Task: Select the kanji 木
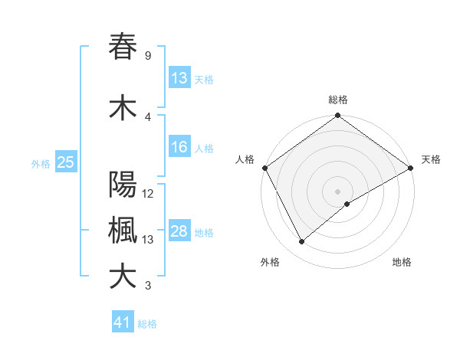pyautogui.click(x=123, y=109)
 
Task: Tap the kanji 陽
pyautogui.click(x=123, y=185)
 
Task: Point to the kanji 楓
pyautogui.click(x=123, y=231)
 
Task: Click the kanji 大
pyautogui.click(x=123, y=276)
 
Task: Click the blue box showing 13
pyautogui.click(x=179, y=78)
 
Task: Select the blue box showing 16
pyautogui.click(x=179, y=147)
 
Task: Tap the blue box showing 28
pyautogui.click(x=179, y=232)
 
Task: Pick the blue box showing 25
pyautogui.click(x=65, y=162)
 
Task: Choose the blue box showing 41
pyautogui.click(x=123, y=323)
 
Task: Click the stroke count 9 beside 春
pyautogui.click(x=147, y=56)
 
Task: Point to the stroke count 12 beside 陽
pyautogui.click(x=149, y=194)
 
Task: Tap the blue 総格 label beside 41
pyautogui.click(x=147, y=324)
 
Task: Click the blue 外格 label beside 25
pyautogui.click(x=41, y=163)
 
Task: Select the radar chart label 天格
pyautogui.click(x=431, y=159)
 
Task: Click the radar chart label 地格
pyautogui.click(x=402, y=262)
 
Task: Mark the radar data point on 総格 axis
pyautogui.click(x=337, y=116)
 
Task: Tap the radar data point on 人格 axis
pyautogui.click(x=264, y=167)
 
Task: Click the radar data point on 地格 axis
pyautogui.click(x=347, y=204)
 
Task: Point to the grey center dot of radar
pyautogui.click(x=337, y=191)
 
